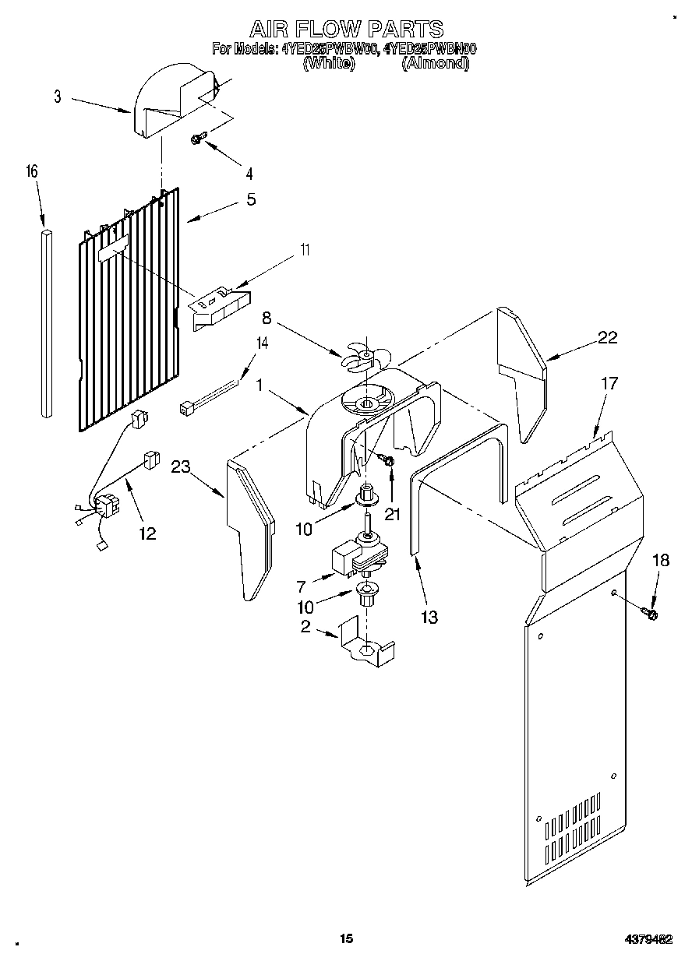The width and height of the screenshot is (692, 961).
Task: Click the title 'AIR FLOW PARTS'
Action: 346,30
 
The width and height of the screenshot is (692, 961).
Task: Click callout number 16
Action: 32,172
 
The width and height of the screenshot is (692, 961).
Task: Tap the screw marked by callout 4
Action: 197,139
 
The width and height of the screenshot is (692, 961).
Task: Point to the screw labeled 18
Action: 650,614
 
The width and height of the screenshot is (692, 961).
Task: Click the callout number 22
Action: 607,337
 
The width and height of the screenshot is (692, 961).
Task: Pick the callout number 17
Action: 609,383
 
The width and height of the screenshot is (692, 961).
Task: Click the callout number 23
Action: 182,468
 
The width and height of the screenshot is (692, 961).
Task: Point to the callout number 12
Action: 147,533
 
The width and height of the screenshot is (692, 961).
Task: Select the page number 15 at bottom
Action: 346,939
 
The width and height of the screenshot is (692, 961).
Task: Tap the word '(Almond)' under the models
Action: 435,64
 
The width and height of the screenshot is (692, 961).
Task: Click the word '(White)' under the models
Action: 328,64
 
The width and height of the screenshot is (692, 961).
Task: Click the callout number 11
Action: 305,250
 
